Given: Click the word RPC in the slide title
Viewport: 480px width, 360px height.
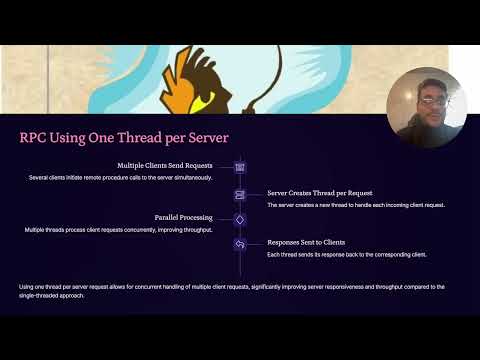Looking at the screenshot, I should [x=34, y=138].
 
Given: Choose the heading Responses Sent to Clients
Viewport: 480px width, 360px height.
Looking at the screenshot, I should [x=306, y=242].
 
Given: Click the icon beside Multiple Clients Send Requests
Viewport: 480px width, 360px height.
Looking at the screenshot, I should [x=240, y=167].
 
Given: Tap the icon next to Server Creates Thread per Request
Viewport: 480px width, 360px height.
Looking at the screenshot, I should [x=240, y=193].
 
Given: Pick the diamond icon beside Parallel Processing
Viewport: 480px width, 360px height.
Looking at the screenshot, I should [x=240, y=218].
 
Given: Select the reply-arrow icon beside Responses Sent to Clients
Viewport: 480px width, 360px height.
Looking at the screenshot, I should [x=240, y=243].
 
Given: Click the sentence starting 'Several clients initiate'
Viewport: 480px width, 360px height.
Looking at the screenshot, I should [x=120, y=178].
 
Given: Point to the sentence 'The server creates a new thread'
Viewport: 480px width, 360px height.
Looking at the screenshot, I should [x=355, y=204].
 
